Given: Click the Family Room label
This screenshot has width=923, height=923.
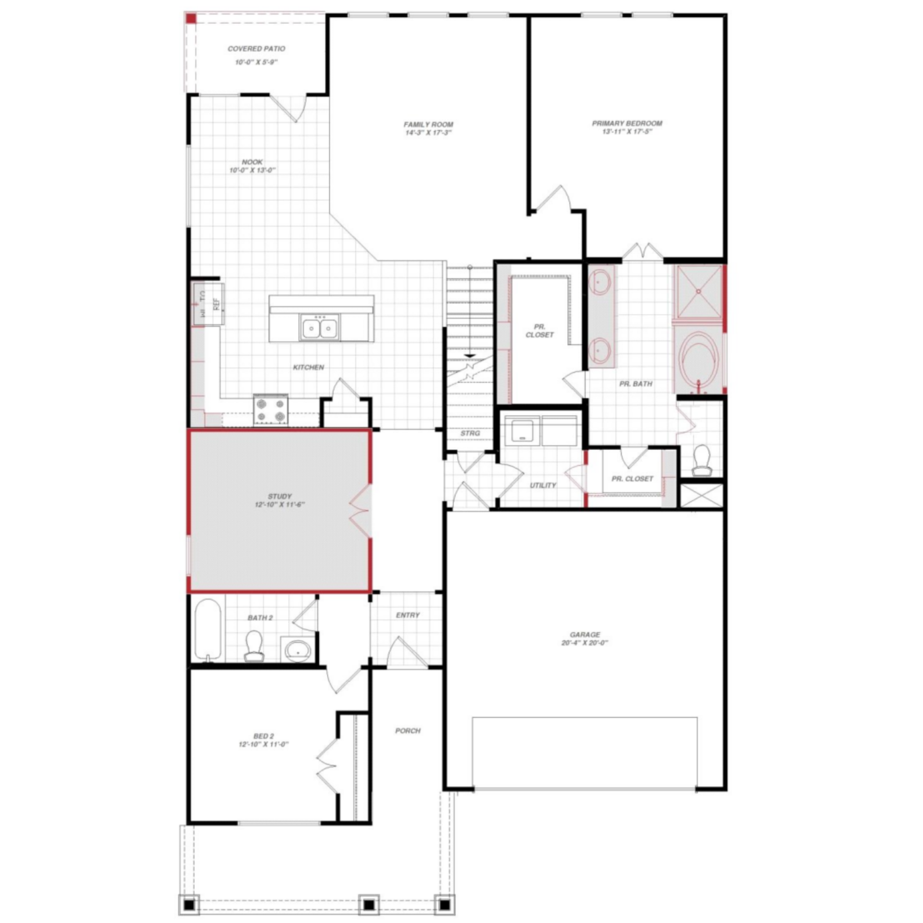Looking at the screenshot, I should click(428, 125).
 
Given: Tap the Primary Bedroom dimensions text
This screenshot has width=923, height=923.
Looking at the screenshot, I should click(627, 132).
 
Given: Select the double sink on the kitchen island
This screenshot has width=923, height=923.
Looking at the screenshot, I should click(320, 328).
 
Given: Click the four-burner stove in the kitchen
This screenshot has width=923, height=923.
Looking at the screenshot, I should click(271, 410).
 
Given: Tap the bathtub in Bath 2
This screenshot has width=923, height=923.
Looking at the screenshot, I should click(208, 630).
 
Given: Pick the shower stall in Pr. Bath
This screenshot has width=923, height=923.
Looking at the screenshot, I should click(699, 292).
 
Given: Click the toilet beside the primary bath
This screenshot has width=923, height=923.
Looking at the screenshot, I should click(702, 460).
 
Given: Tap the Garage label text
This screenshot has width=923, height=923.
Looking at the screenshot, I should click(585, 635).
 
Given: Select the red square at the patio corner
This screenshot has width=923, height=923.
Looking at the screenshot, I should click(191, 18).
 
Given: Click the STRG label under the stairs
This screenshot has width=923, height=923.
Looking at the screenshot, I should click(470, 433).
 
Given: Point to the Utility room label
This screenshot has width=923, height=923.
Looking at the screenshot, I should click(543, 485).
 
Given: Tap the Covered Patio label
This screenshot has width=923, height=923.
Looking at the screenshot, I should click(256, 49).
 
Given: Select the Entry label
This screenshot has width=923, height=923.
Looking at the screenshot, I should click(408, 615).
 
